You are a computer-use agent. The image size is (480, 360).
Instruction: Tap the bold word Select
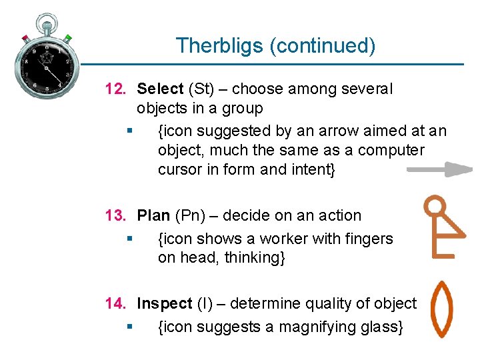point(160,89)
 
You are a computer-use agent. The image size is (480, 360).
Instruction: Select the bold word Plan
point(153,215)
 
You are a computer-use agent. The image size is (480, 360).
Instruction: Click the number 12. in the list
point(117,89)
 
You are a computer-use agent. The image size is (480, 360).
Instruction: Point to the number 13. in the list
point(117,215)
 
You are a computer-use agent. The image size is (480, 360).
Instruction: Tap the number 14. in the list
point(117,303)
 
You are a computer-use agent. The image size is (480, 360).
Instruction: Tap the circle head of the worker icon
point(435,204)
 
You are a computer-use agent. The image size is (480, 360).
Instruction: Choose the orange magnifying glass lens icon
point(441,309)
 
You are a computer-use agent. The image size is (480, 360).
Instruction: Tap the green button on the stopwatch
point(68,39)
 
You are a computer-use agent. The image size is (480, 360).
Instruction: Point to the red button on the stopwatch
point(25,38)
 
